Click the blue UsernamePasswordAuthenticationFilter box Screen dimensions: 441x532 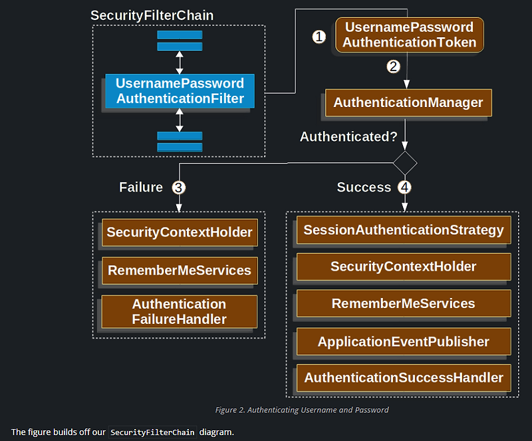[x=180, y=92]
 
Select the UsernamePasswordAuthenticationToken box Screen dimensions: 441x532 [x=410, y=35]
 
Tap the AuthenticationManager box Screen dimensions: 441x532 [x=408, y=103]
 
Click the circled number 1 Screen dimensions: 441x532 [x=319, y=37]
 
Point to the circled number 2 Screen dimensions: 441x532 [x=394, y=66]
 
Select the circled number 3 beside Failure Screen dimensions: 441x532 [x=178, y=188]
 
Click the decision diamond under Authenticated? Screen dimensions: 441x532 [x=405, y=162]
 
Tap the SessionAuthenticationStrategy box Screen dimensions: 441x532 [x=404, y=230]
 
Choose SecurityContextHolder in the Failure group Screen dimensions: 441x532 [x=180, y=233]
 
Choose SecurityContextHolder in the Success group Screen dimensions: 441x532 [x=404, y=267]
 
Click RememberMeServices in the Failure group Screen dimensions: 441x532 [x=180, y=270]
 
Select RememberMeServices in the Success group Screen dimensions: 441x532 [x=404, y=304]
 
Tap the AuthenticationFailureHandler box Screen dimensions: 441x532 [x=180, y=311]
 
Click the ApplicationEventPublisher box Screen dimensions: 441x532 [x=404, y=342]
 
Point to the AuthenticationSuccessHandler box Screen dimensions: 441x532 [x=404, y=378]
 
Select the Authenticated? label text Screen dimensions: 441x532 [x=348, y=137]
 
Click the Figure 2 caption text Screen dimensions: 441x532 [x=302, y=410]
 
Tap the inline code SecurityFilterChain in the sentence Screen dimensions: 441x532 [x=153, y=432]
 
